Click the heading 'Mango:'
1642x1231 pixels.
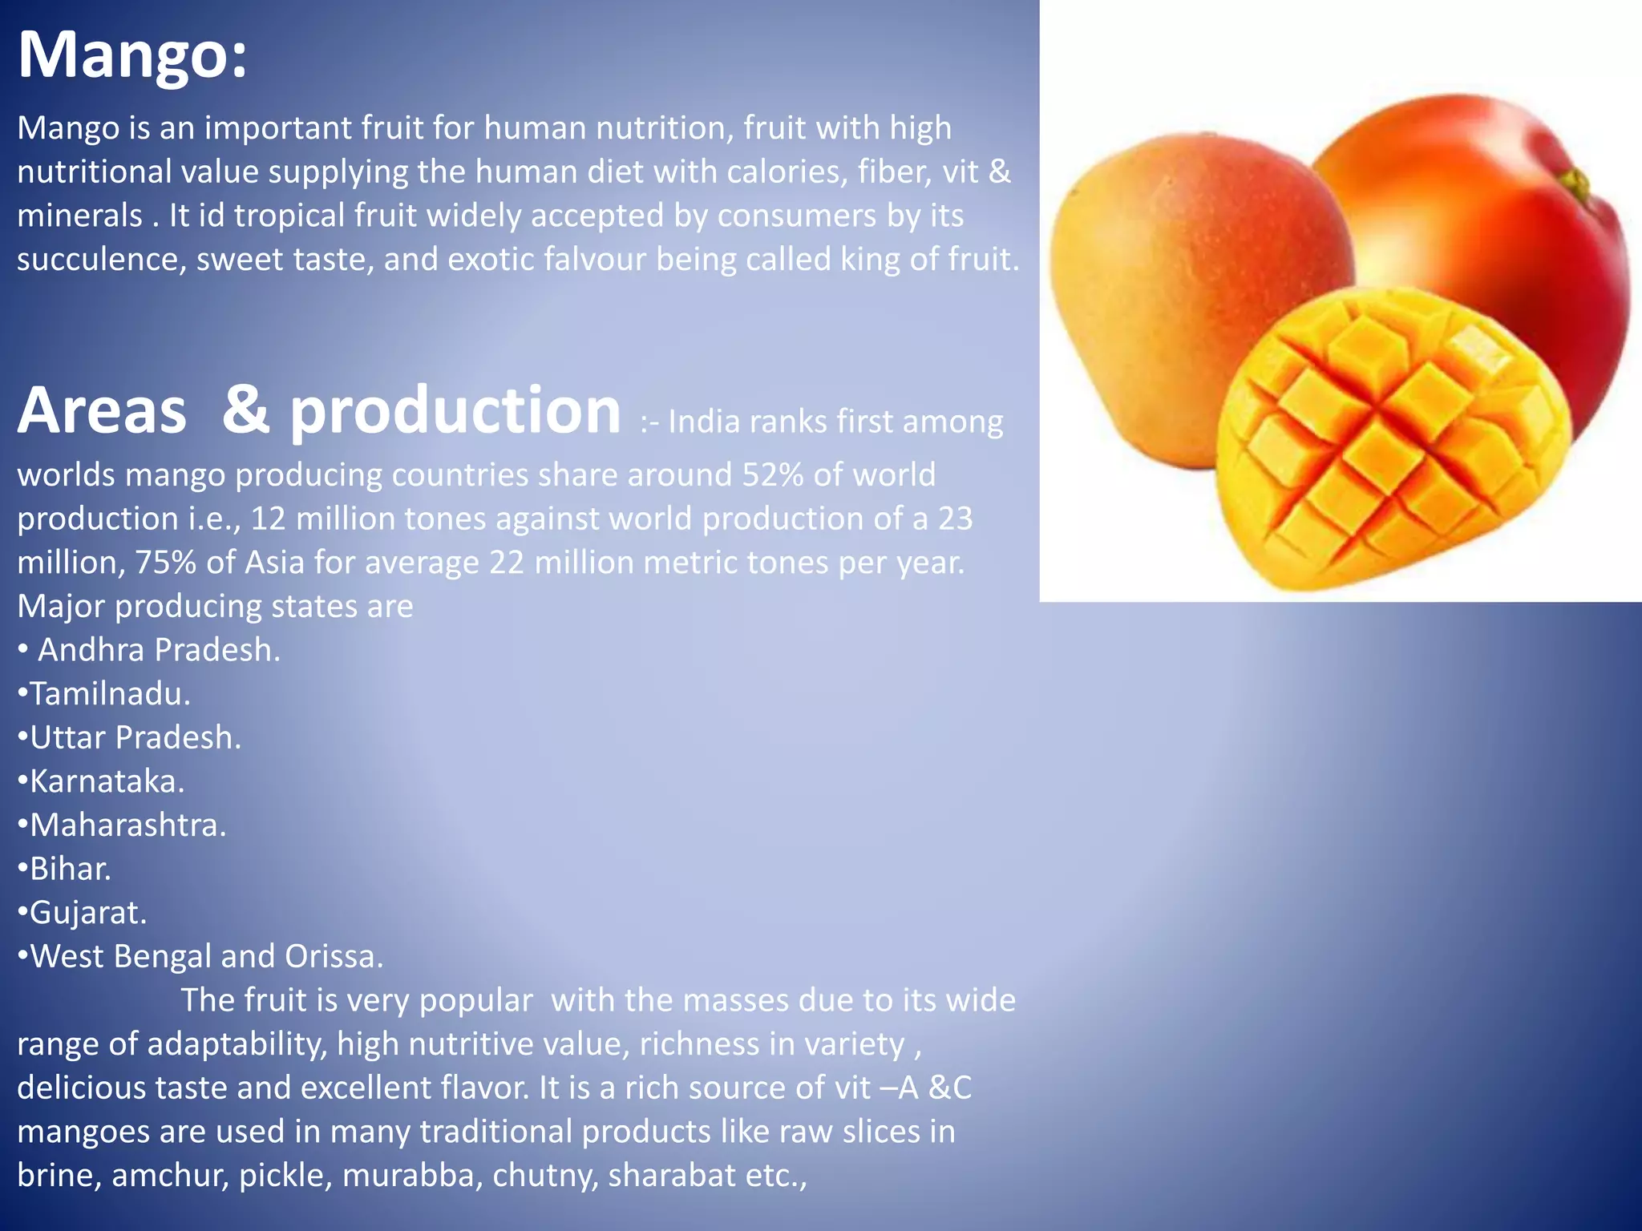(x=132, y=54)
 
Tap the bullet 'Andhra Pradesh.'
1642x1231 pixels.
(x=158, y=650)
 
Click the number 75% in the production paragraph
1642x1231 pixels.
(x=165, y=563)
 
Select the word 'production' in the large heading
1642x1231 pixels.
(x=455, y=411)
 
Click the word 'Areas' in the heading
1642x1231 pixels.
(x=102, y=411)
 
